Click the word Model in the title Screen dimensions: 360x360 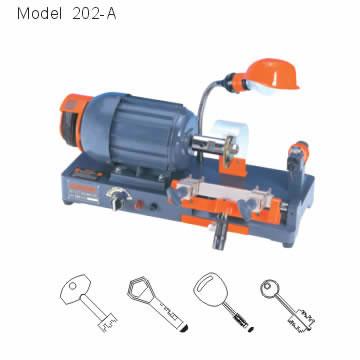[x=40, y=14]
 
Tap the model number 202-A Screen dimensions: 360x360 [x=94, y=14]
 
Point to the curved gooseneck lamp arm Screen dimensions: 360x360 [x=208, y=100]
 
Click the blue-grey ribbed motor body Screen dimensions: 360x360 [x=140, y=130]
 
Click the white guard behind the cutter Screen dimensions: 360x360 [x=232, y=133]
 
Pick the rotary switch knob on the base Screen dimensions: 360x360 [x=117, y=199]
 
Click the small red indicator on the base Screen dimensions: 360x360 [x=139, y=205]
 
